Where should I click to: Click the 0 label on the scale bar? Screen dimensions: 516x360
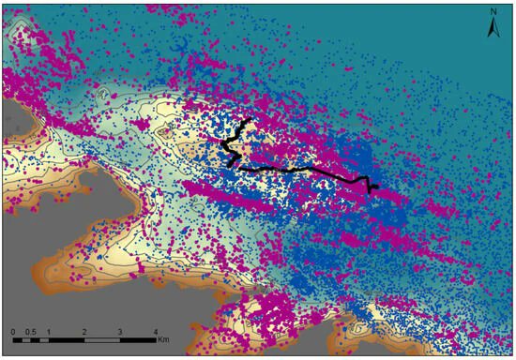(x=13, y=333)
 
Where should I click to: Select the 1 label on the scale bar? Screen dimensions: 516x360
(x=48, y=333)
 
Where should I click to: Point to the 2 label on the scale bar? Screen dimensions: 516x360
(x=84, y=333)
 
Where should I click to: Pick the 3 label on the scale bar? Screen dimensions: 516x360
(x=119, y=333)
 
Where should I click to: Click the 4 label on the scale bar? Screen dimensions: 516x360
(x=155, y=333)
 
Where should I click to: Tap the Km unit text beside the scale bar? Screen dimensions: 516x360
(x=166, y=334)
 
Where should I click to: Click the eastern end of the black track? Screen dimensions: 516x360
(x=376, y=188)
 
